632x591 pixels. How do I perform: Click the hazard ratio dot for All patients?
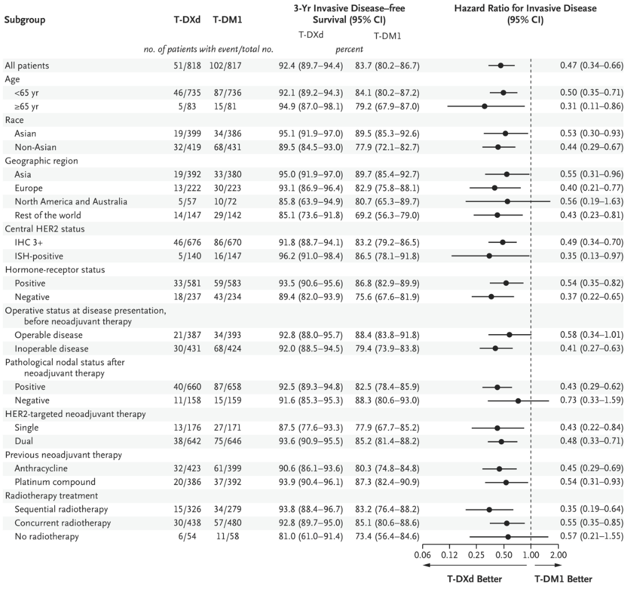(x=500, y=65)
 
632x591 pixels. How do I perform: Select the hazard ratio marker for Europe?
(x=495, y=188)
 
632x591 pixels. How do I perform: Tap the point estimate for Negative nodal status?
(x=518, y=401)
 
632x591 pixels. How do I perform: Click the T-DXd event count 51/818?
(x=180, y=65)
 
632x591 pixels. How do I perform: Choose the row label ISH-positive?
(x=39, y=256)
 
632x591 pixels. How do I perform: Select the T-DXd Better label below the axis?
(x=474, y=579)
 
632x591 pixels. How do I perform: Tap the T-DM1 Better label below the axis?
(x=563, y=579)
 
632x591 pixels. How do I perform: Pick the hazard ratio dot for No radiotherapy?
(x=508, y=537)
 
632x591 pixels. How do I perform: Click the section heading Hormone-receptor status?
(x=50, y=270)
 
